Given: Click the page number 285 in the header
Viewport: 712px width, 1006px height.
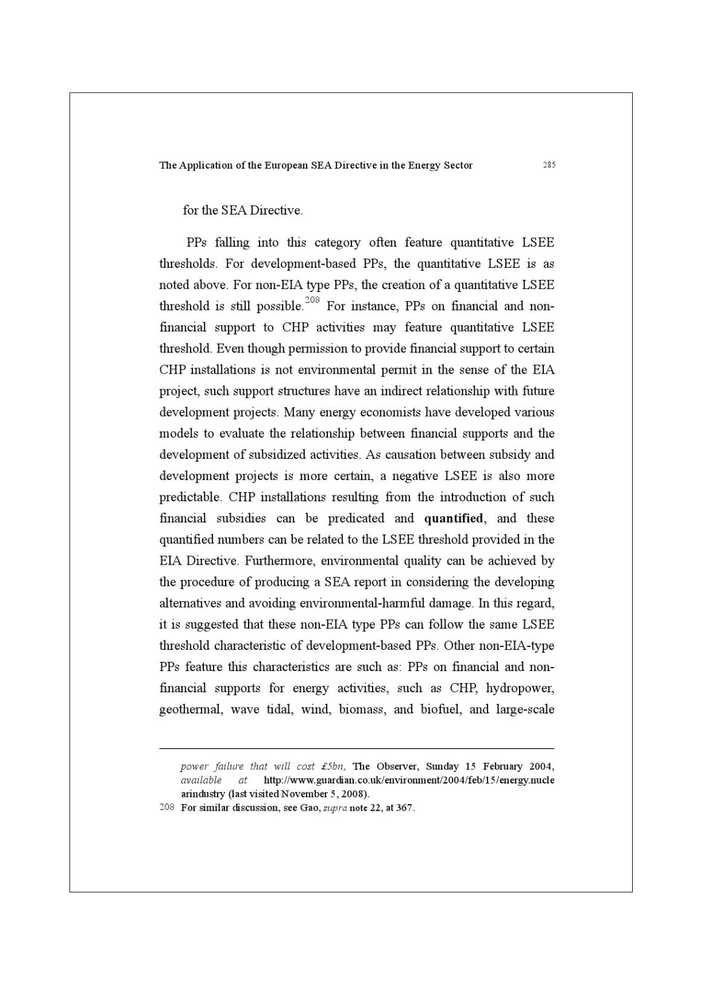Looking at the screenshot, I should tap(549, 164).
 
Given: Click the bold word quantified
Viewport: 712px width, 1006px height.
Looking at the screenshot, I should tap(454, 518).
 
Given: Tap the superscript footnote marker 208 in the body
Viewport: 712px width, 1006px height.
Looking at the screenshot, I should tap(312, 300).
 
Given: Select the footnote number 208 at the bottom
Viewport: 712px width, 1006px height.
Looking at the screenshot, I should tap(167, 808).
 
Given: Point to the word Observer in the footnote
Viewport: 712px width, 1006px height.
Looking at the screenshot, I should tap(396, 767).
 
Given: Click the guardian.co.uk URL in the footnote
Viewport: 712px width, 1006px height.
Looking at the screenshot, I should tap(409, 780).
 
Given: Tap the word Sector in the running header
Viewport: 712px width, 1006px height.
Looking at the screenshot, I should tap(457, 165).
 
